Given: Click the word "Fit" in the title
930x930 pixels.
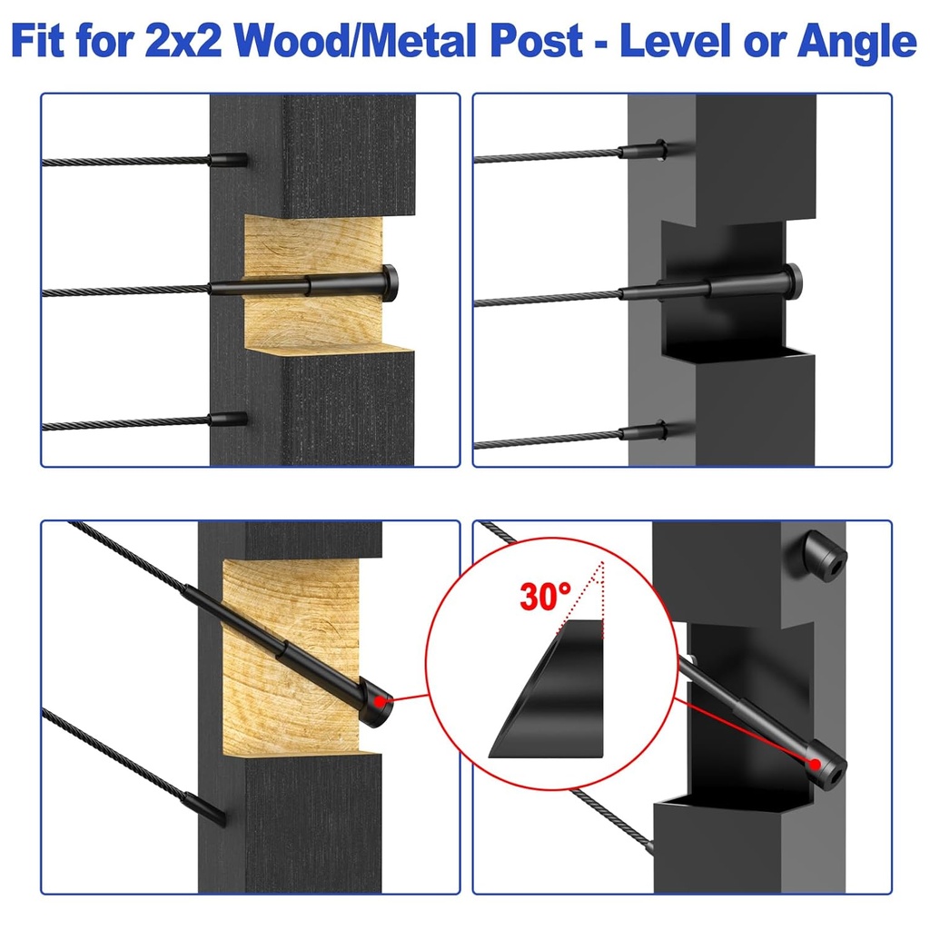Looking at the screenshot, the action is pyautogui.click(x=38, y=41).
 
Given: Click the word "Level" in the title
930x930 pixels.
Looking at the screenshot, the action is pyautogui.click(x=676, y=41).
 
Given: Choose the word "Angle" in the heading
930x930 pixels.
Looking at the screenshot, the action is pyautogui.click(x=856, y=43).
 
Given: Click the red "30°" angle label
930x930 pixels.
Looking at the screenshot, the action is pyautogui.click(x=546, y=597).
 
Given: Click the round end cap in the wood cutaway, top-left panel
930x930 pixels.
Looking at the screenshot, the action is pyautogui.click(x=390, y=283).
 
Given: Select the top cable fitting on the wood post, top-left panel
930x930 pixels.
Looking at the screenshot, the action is pyautogui.click(x=228, y=160).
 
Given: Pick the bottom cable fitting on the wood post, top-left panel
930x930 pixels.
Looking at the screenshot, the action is pyautogui.click(x=228, y=420).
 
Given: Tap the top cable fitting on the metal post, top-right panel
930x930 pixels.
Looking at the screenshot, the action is pyautogui.click(x=643, y=150).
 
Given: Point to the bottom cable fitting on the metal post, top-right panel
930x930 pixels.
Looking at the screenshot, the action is pyautogui.click(x=644, y=431).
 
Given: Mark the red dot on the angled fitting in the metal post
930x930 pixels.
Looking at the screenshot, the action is pyautogui.click(x=816, y=764).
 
